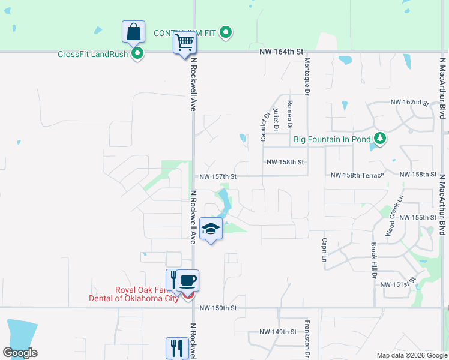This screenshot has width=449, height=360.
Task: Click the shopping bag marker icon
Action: pyautogui.click(x=133, y=31)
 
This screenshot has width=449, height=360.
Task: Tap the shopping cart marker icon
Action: pyautogui.click(x=185, y=43)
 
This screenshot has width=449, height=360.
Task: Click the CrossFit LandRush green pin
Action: pyautogui.click(x=137, y=54)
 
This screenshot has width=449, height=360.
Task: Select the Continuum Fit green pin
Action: pyautogui.click(x=226, y=32)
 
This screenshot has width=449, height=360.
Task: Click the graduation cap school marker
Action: pyautogui.click(x=211, y=229)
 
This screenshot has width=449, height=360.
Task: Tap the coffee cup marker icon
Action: pyautogui.click(x=188, y=280)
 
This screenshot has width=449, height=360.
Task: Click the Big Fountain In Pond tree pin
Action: pyautogui.click(x=379, y=139)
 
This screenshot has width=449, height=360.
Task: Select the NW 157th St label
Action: pyautogui.click(x=219, y=176)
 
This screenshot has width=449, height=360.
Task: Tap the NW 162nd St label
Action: pyautogui.click(x=410, y=103)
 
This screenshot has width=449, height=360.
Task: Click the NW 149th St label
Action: pyautogui.click(x=278, y=332)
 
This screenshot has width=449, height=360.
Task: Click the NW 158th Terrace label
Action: pyautogui.click(x=357, y=175)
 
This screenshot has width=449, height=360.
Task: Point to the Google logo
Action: pyautogui.click(x=20, y=353)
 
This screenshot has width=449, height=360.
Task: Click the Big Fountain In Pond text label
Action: pyautogui.click(x=331, y=140)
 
